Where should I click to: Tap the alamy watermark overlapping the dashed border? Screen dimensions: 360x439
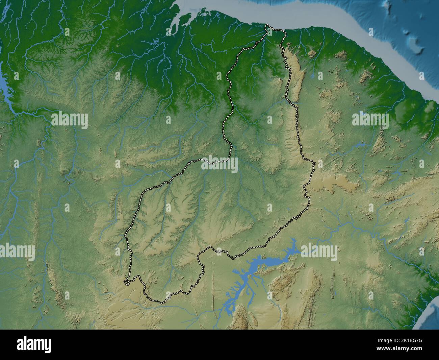click(x=219, y=164)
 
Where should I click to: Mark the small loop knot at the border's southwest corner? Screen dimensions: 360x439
click(x=127, y=281)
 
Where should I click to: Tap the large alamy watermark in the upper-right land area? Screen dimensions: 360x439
click(x=370, y=120)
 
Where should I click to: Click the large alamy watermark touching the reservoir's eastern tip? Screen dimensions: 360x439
click(x=319, y=252)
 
